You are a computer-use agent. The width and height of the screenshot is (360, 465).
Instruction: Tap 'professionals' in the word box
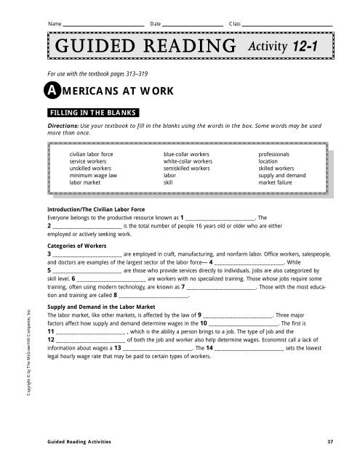point(274,155)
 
